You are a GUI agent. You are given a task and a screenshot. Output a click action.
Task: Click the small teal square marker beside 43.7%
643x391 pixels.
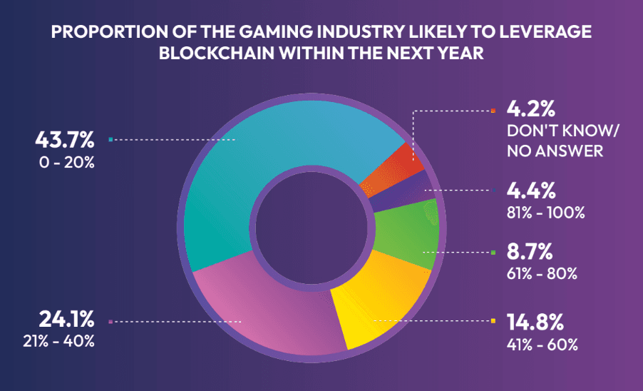coord(110,140)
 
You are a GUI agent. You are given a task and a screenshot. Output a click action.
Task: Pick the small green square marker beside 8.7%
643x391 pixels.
coord(494,253)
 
